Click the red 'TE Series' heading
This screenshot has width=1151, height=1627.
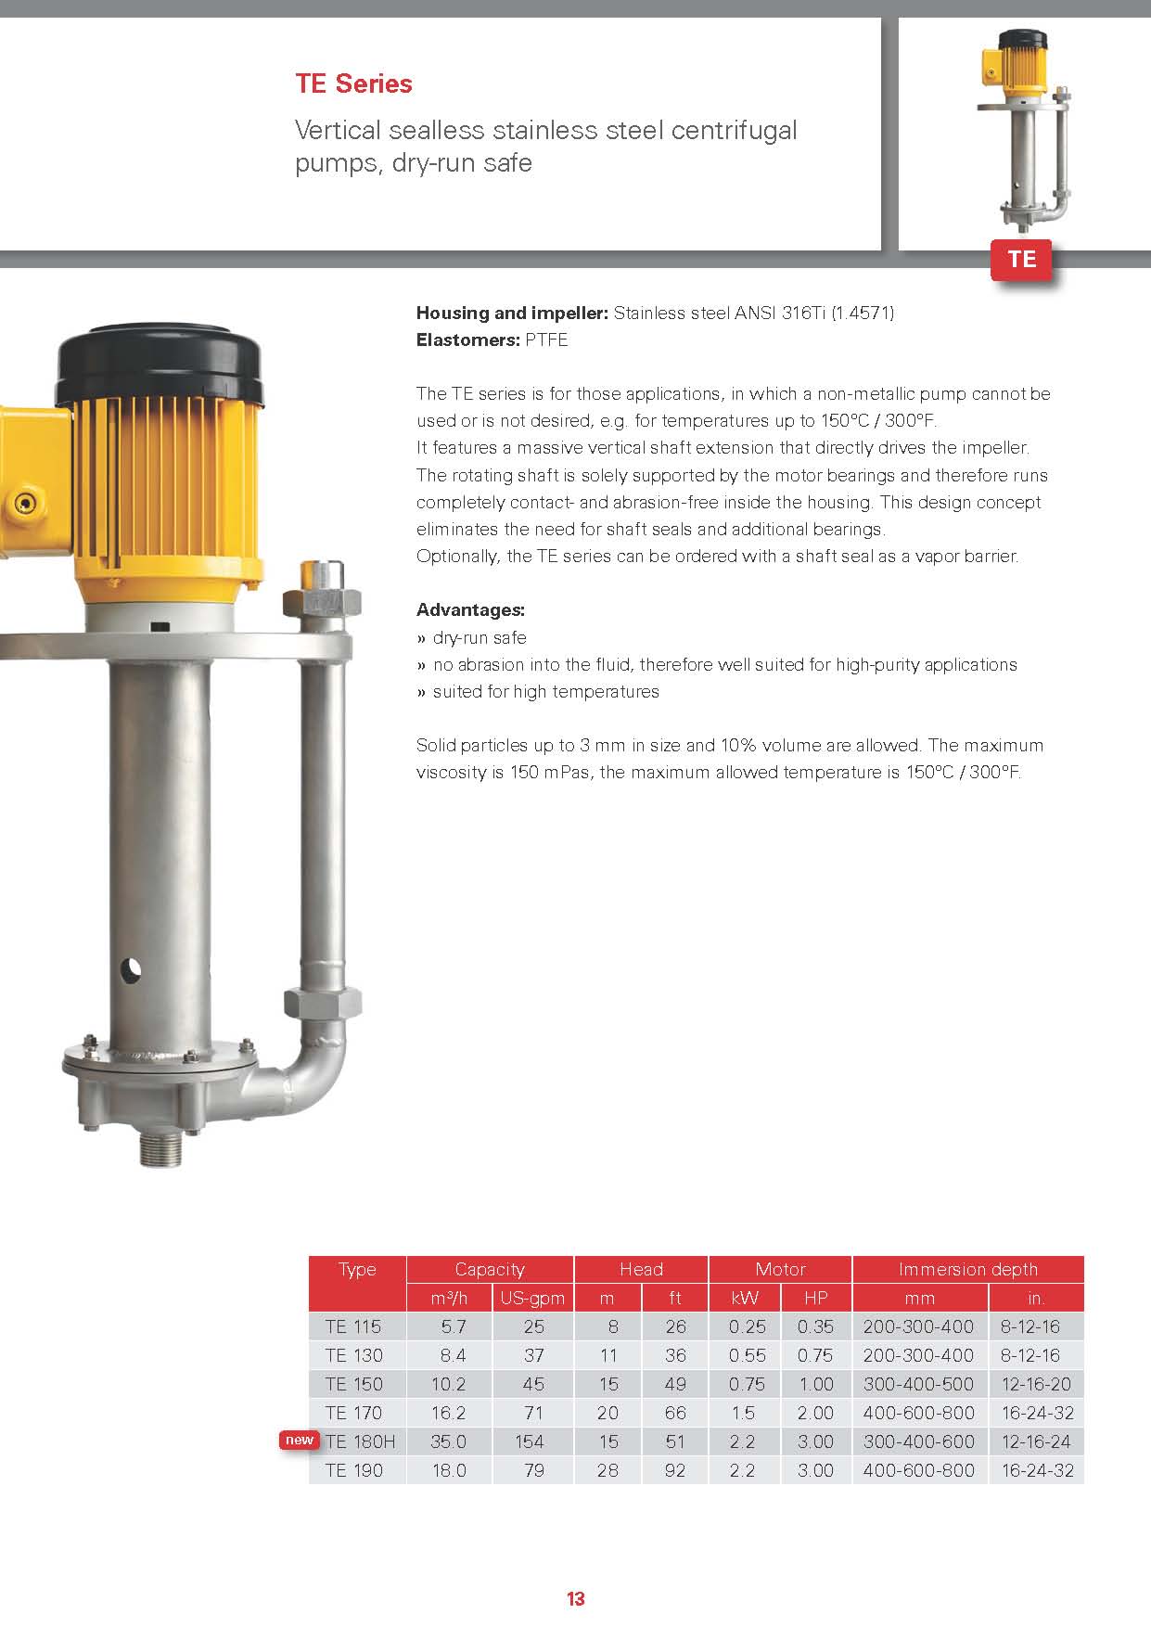click(353, 83)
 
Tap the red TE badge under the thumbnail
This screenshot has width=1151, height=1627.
click(1021, 259)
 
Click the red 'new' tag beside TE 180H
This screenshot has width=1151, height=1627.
click(299, 1440)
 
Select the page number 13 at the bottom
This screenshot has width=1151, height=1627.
click(575, 1598)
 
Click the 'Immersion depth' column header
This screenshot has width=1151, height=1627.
click(967, 1269)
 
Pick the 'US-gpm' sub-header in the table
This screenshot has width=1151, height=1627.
click(532, 1298)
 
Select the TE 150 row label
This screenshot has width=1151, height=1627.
click(353, 1384)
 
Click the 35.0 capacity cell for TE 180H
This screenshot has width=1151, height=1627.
click(449, 1441)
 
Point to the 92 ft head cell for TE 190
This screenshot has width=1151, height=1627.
click(675, 1470)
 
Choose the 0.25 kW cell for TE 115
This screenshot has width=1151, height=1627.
click(747, 1326)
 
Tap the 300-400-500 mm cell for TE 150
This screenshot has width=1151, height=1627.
click(918, 1384)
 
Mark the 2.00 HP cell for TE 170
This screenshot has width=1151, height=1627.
click(815, 1413)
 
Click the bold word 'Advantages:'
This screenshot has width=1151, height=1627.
click(470, 609)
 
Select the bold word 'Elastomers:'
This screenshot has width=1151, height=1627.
click(467, 339)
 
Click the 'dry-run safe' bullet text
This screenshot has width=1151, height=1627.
click(480, 637)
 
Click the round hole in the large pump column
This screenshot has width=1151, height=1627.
click(131, 971)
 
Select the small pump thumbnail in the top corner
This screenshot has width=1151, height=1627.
click(1022, 130)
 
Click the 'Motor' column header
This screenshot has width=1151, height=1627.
click(780, 1269)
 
